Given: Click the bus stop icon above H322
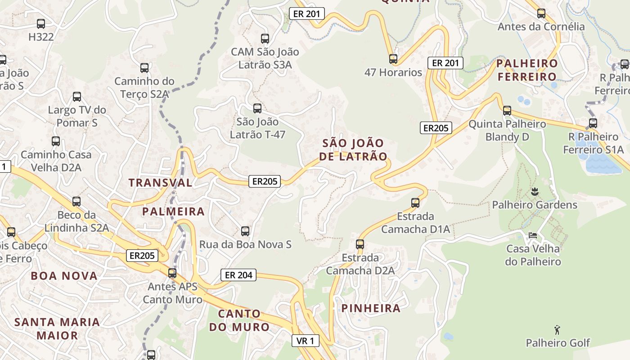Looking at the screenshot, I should [41, 24].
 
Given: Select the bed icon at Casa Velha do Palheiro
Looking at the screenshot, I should [533, 235].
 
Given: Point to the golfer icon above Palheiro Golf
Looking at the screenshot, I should [558, 330].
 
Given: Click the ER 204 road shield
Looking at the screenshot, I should [238, 275].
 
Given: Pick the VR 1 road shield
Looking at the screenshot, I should [305, 341].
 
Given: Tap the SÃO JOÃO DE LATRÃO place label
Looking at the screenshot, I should [353, 150].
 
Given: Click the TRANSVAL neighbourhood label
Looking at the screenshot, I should [161, 183].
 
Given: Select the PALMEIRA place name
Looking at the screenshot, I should [173, 211].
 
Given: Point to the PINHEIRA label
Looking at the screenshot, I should [371, 308].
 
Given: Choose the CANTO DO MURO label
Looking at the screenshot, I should [239, 320].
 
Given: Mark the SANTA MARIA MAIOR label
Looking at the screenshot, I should [57, 328].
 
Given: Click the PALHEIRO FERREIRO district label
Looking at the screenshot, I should [527, 70].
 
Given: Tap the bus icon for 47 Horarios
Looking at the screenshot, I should [393, 58].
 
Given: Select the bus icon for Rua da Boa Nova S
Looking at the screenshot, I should [245, 231].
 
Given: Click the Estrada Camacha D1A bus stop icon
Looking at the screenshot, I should [415, 203].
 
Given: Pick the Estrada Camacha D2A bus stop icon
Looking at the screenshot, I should [360, 244].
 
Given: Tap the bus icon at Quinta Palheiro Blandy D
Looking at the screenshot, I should [507, 111].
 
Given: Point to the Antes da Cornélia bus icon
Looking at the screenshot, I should [541, 13].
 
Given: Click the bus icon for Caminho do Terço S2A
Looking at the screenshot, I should [144, 68].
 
